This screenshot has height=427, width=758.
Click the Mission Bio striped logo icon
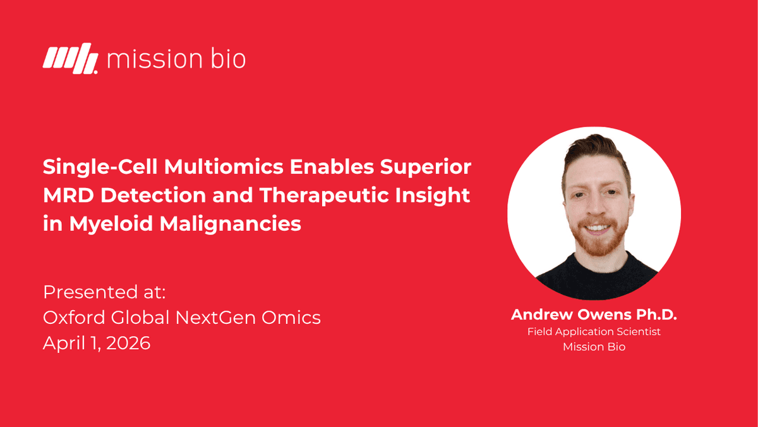[x=70, y=59]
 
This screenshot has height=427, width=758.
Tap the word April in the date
[x=62, y=343]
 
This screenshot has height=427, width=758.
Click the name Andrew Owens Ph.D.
[x=594, y=314]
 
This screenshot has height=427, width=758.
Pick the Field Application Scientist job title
[x=594, y=331]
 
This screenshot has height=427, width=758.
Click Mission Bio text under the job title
[x=594, y=347]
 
